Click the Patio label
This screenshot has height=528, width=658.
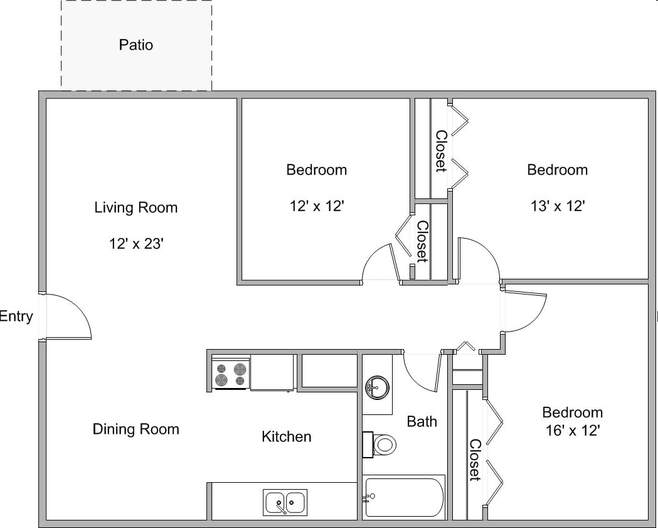pyautogui.click(x=136, y=45)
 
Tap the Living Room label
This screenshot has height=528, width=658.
pyautogui.click(x=136, y=207)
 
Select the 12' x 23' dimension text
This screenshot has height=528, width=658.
pyautogui.click(x=136, y=244)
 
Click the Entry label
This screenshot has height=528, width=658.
pyautogui.click(x=16, y=316)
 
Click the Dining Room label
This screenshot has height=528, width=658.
pyautogui.click(x=136, y=429)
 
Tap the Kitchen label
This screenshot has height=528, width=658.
pyautogui.click(x=286, y=436)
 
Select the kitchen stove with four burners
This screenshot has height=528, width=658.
pyautogui.click(x=230, y=373)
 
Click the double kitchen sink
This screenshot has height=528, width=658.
pyautogui.click(x=285, y=503)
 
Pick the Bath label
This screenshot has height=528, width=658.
pyautogui.click(x=422, y=421)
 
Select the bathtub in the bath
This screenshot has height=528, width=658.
pyautogui.click(x=405, y=497)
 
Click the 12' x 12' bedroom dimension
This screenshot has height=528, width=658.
pyautogui.click(x=317, y=206)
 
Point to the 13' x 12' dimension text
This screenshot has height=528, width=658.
pyautogui.click(x=558, y=206)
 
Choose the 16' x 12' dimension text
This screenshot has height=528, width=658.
pyautogui.click(x=572, y=431)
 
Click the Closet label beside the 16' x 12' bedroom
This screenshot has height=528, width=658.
pyautogui.click(x=475, y=460)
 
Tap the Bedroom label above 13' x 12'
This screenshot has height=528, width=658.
pyautogui.click(x=558, y=170)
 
